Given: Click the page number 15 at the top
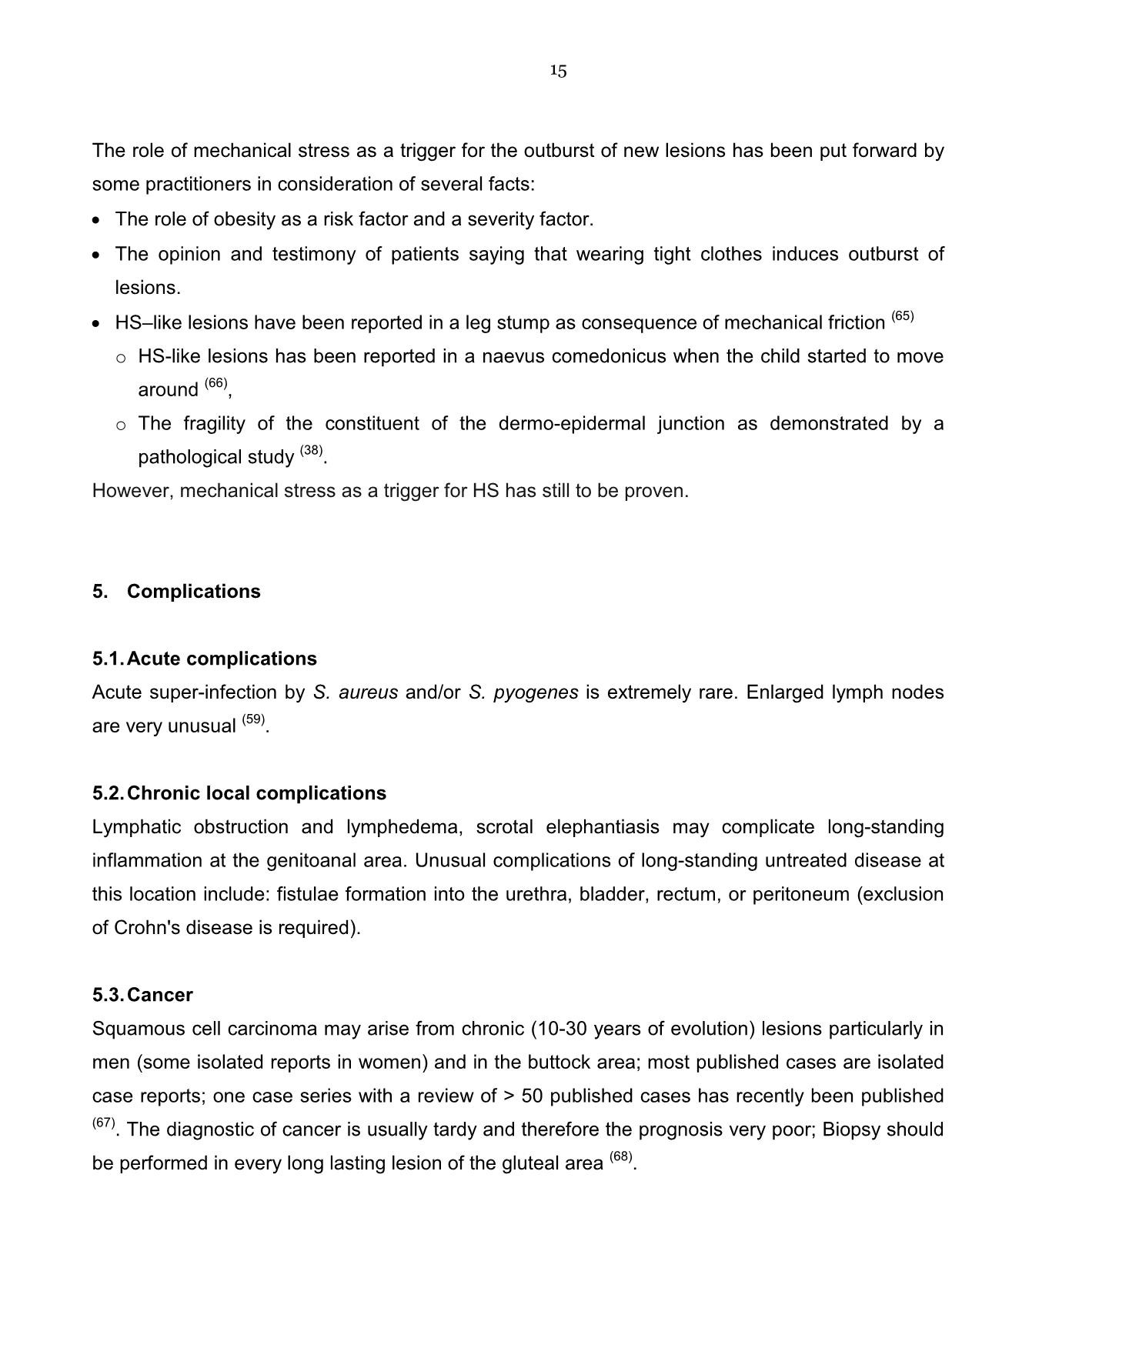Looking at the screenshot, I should click(558, 72).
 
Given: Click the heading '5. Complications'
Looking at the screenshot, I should click(176, 591).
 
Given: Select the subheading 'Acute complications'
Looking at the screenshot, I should click(222, 659).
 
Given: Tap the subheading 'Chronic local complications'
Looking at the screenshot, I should click(256, 793).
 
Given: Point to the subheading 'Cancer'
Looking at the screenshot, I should click(160, 995).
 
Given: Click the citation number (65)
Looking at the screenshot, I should click(902, 316).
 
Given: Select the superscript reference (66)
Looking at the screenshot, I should click(215, 383).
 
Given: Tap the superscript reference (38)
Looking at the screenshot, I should click(311, 450).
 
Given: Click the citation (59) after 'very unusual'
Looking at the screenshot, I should click(253, 719).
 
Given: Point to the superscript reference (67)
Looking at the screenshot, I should click(104, 1123).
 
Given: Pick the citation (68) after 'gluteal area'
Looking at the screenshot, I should click(620, 1156).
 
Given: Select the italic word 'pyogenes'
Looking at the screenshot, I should click(536, 692).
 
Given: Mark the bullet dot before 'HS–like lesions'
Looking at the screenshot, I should click(95, 324).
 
